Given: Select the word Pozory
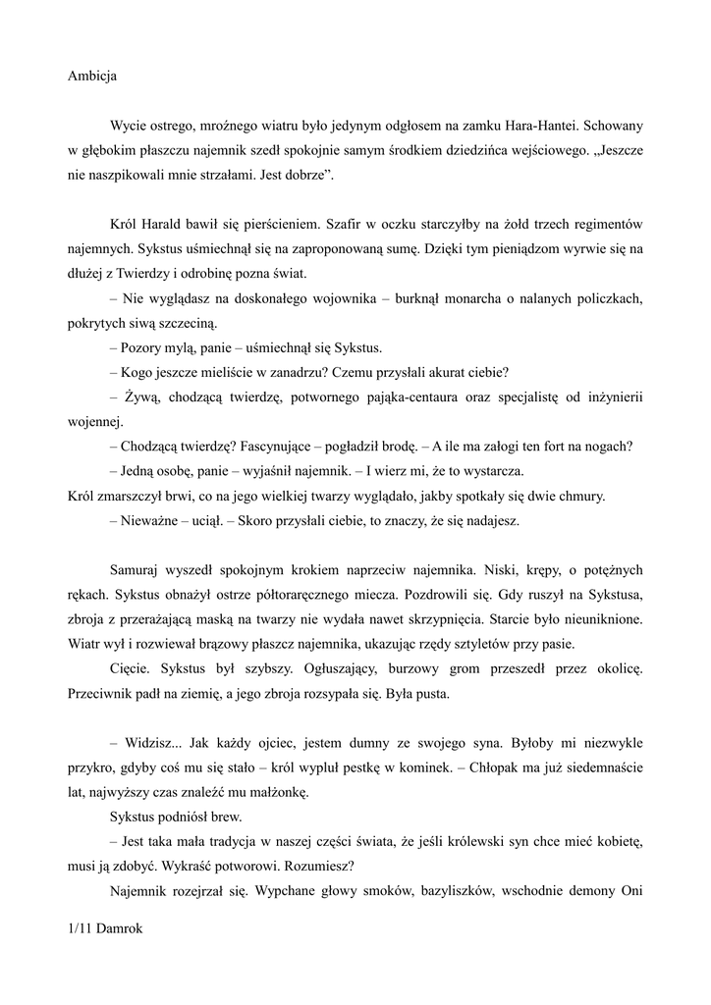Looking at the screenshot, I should [146, 347].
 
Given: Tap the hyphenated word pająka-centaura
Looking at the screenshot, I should [392, 397].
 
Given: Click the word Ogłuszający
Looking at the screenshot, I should [326, 669].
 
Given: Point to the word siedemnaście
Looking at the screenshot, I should [600, 769].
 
